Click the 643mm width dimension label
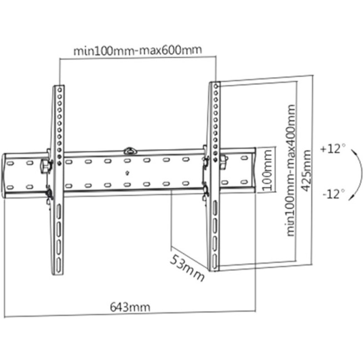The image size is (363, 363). (130, 307)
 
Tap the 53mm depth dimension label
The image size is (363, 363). (187, 268)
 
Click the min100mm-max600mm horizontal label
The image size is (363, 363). (137, 50)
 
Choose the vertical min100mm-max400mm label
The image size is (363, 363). (291, 171)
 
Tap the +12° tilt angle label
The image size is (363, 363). (333, 149)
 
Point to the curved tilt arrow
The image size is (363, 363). (361, 174)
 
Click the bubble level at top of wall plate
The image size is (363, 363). (130, 151)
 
